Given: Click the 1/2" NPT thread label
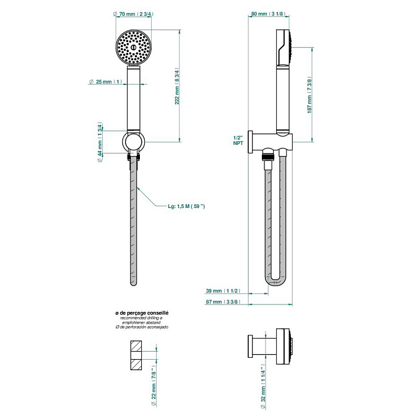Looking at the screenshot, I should pos(237,140).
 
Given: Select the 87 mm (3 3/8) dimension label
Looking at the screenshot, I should pos(223,301).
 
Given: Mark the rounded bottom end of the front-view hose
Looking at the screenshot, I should pos(134,282).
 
